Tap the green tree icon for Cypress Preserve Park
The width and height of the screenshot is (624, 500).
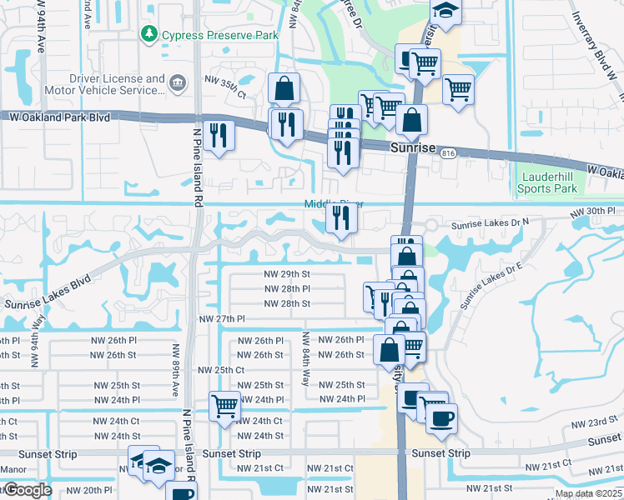coord(149,34)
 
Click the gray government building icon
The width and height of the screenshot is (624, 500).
coord(177,82)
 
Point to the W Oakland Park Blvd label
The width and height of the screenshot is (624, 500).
coord(55,118)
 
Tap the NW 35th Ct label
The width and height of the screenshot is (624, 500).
coord(226,94)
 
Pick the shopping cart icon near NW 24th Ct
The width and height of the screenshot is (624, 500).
coord(224,406)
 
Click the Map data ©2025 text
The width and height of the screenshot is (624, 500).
coord(588,493)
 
